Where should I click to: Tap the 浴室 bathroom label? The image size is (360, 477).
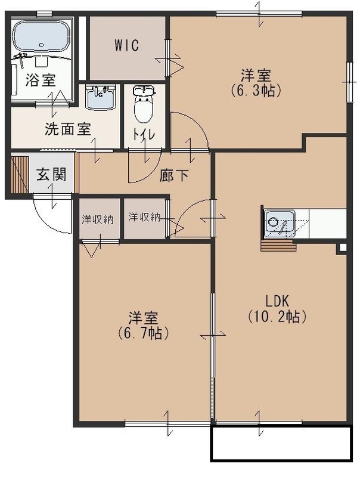(x=41, y=80)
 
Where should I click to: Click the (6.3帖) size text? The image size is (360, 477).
(x=256, y=91)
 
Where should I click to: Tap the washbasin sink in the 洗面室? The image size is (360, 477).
(x=100, y=96)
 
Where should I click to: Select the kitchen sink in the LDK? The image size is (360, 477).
(x=278, y=224)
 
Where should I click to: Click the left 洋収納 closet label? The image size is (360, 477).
(x=98, y=218)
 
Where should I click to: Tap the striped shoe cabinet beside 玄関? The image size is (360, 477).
(x=20, y=174)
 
